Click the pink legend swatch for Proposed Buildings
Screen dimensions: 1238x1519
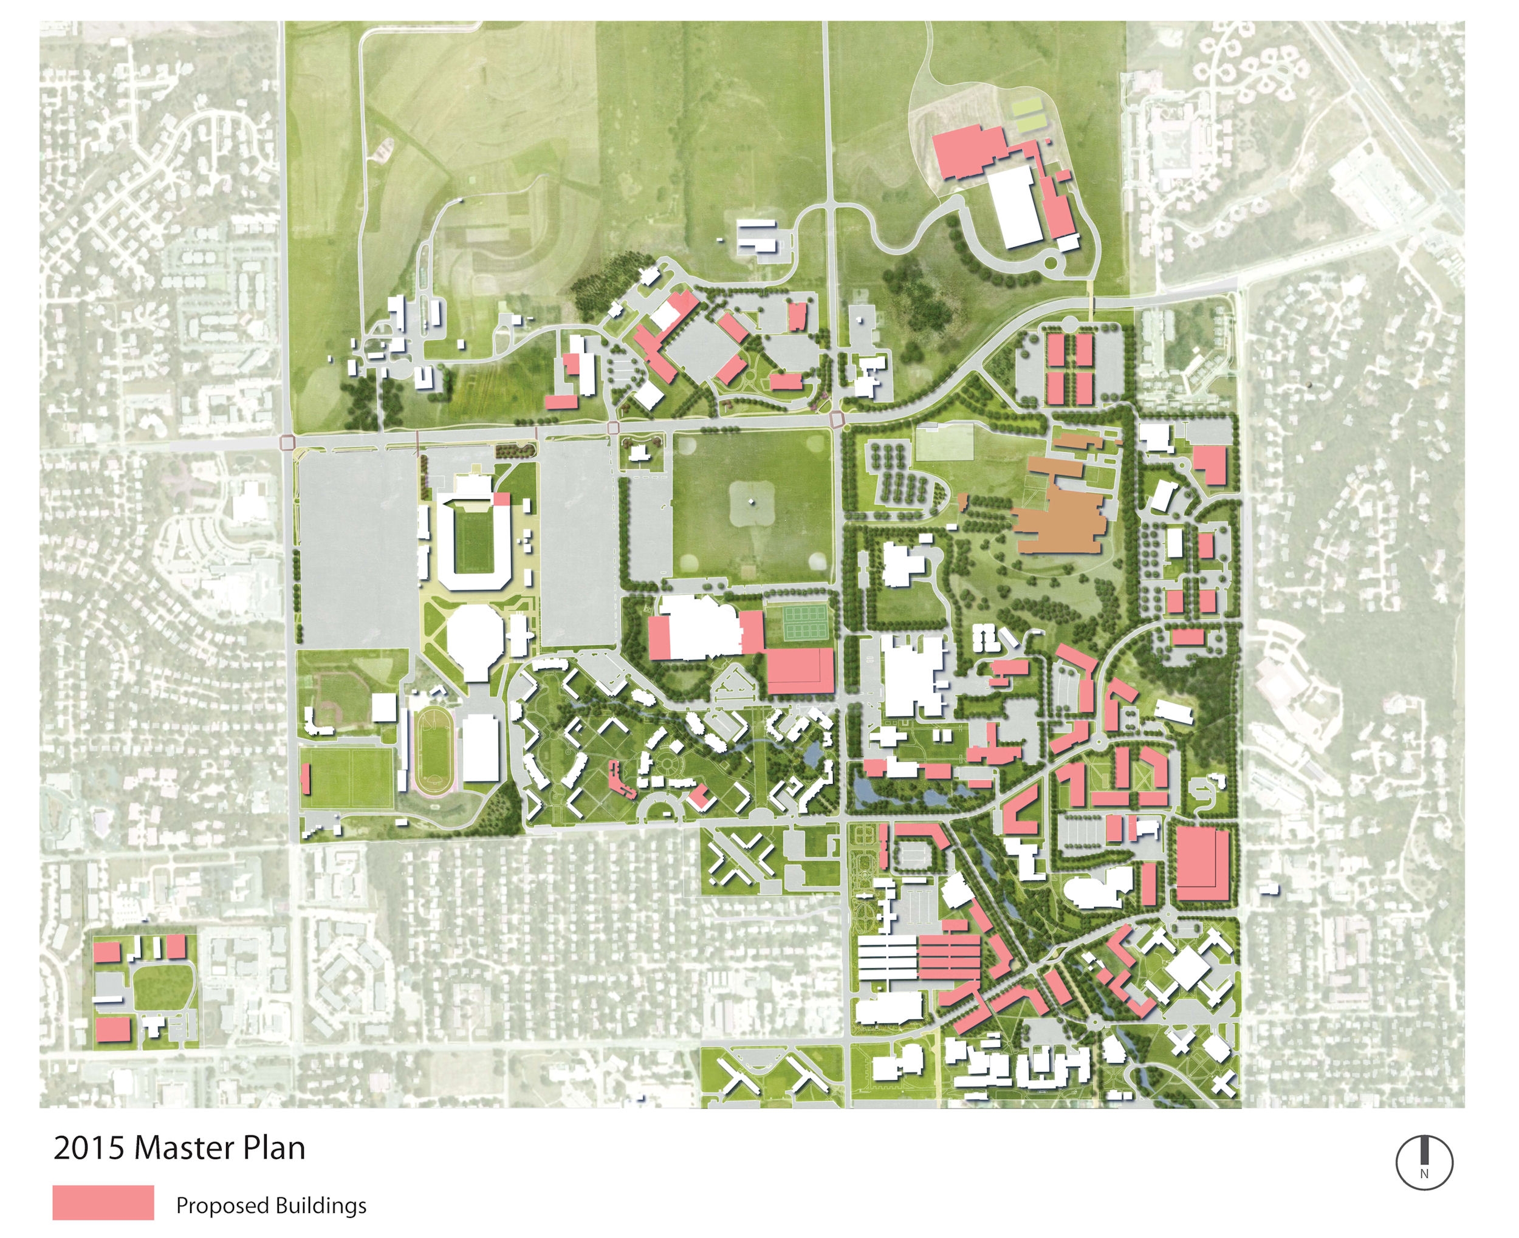pos(103,1202)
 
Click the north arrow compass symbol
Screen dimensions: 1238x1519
pos(1424,1163)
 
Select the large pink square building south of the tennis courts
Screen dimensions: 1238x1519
pos(800,671)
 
